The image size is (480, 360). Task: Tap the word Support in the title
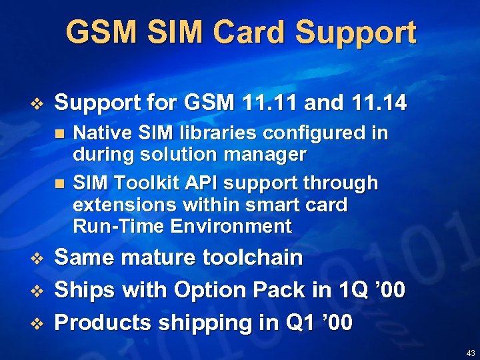(x=355, y=32)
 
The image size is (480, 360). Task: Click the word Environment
(x=231, y=226)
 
